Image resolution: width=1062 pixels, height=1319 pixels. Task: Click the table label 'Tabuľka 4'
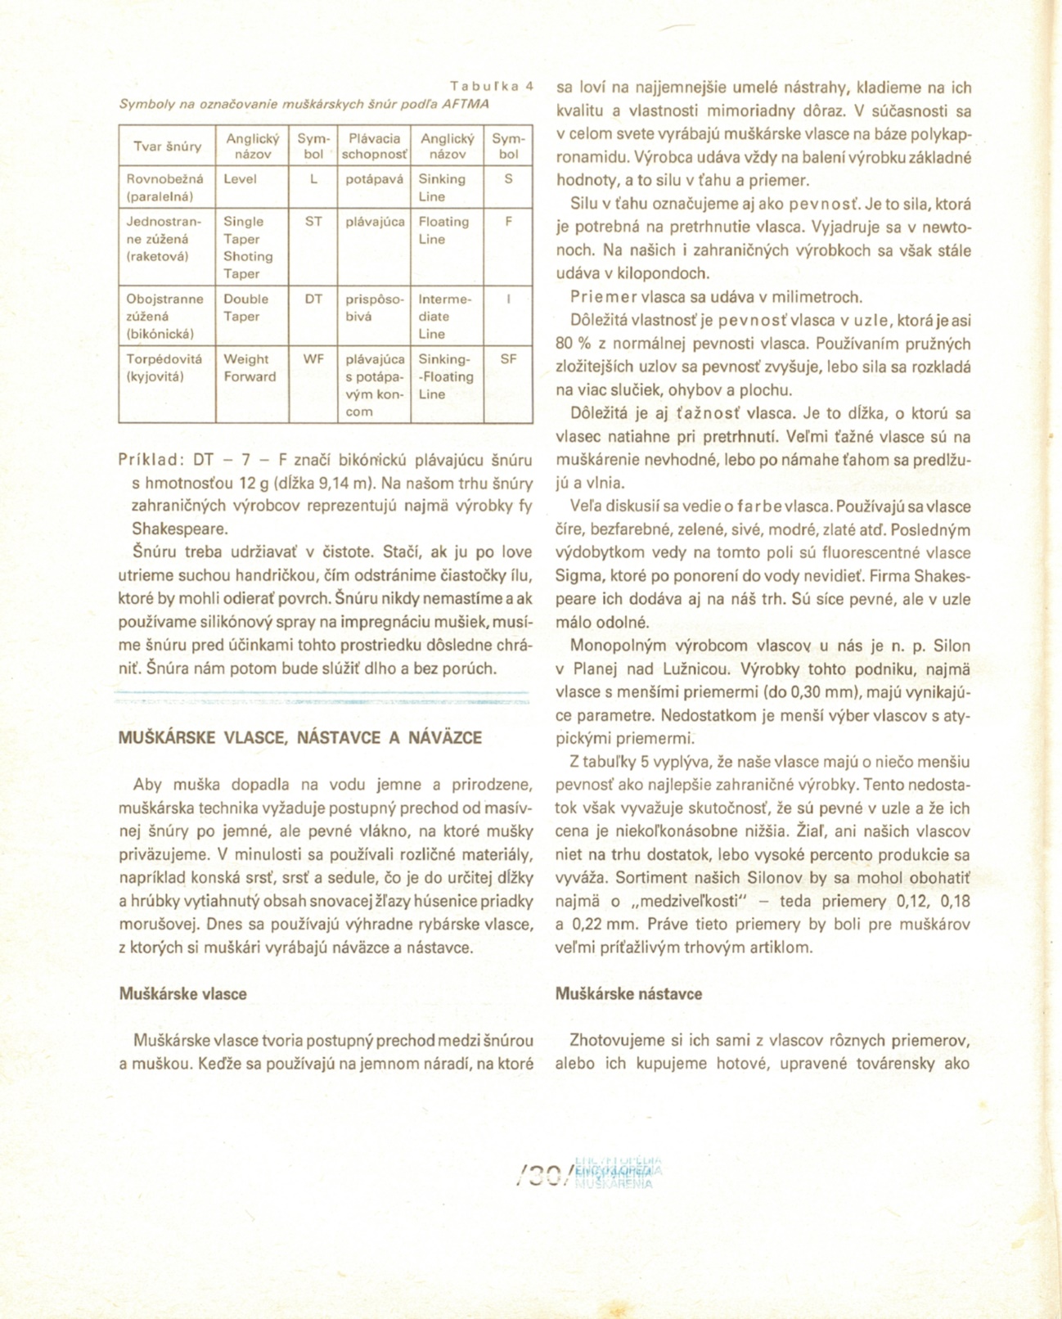(x=491, y=86)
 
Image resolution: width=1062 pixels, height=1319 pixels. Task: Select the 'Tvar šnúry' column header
(x=168, y=146)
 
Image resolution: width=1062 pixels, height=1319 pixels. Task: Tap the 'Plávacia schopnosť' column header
(x=374, y=146)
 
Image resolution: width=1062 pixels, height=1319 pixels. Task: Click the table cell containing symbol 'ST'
(x=313, y=222)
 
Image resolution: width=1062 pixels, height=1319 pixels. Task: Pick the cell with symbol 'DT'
(x=313, y=299)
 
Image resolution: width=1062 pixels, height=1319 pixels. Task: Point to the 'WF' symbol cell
(x=313, y=359)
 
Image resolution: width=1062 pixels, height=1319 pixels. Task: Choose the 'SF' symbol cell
(x=508, y=359)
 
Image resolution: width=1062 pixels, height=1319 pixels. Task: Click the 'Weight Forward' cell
(x=250, y=368)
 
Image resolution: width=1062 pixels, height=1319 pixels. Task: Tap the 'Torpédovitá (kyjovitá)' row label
(x=164, y=368)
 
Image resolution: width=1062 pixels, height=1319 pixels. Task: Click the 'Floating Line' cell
(x=443, y=231)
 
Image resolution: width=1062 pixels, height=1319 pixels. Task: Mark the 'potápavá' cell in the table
(x=374, y=179)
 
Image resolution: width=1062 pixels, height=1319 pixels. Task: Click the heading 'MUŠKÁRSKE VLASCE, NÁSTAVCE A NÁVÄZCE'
(x=300, y=738)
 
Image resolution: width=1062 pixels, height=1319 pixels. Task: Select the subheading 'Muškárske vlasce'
(x=183, y=994)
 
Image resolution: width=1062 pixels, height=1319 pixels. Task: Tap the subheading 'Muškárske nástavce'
(x=628, y=994)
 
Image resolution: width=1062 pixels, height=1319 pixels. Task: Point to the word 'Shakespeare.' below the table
(x=180, y=529)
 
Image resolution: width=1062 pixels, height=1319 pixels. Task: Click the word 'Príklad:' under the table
(x=151, y=460)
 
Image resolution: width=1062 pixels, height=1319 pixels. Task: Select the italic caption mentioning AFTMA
(x=304, y=105)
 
